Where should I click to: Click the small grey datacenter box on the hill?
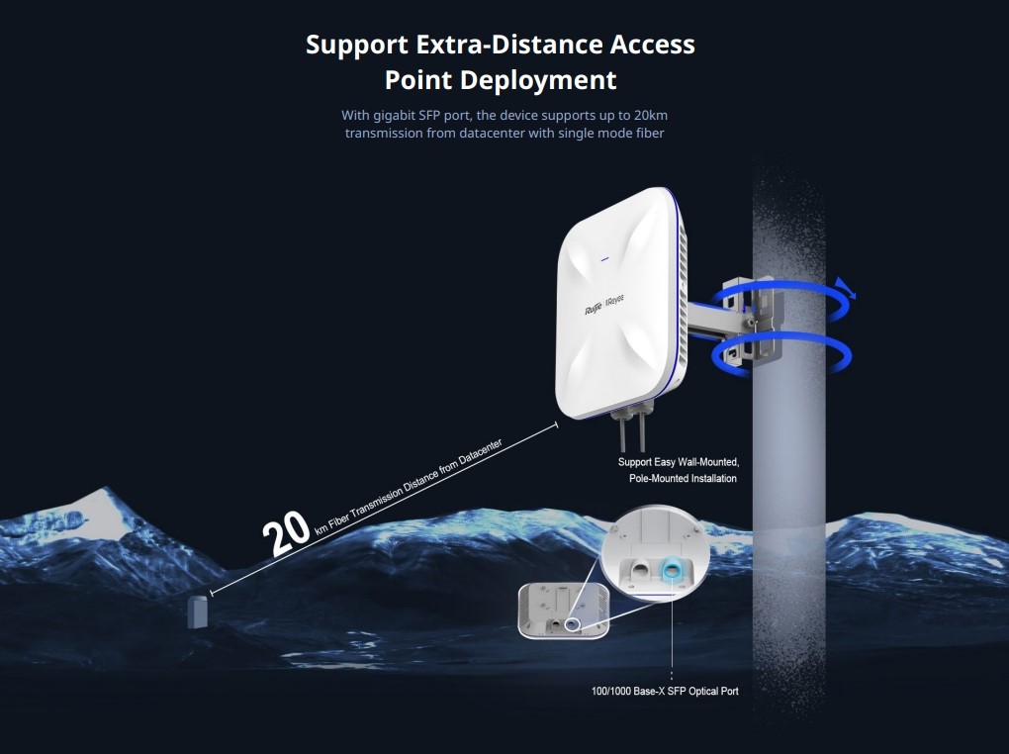(198, 613)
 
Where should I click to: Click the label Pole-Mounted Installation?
(683, 479)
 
